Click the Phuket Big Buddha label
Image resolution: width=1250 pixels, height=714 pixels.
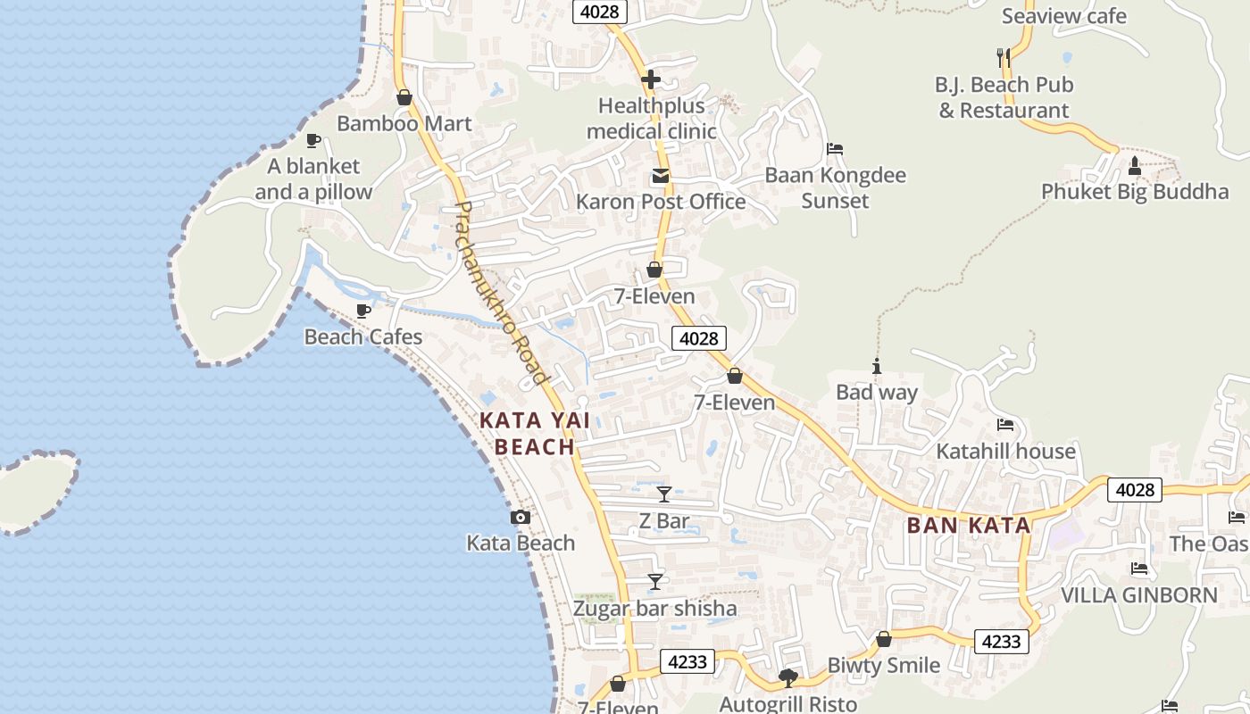[x=1134, y=192]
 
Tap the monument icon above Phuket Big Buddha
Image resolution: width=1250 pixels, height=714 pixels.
[x=1134, y=165]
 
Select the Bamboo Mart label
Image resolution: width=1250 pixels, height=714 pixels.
[x=404, y=124]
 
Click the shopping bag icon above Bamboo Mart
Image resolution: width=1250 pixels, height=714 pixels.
[x=404, y=97]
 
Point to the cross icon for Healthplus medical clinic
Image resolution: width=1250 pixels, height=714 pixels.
[x=651, y=79]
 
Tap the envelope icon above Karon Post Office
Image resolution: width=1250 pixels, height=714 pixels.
[x=660, y=176]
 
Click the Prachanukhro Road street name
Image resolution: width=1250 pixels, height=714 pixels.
[x=501, y=293]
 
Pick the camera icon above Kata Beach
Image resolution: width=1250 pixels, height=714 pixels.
[x=521, y=517]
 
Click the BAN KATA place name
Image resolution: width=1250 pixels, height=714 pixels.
[x=969, y=525]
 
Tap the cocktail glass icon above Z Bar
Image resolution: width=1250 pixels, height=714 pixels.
[x=664, y=494]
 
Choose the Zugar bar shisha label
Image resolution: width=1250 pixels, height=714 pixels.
[x=655, y=609]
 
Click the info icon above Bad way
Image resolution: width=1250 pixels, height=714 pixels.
[x=877, y=366]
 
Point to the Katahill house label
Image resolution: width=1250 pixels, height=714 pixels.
[x=1005, y=452]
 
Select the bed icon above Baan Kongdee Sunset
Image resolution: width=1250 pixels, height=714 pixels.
[x=835, y=149]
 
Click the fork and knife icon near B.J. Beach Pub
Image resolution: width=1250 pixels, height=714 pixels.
[x=1003, y=58]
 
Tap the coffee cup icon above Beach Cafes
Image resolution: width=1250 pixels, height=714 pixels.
[x=363, y=311]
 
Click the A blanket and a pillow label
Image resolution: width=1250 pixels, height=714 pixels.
[x=313, y=179]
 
